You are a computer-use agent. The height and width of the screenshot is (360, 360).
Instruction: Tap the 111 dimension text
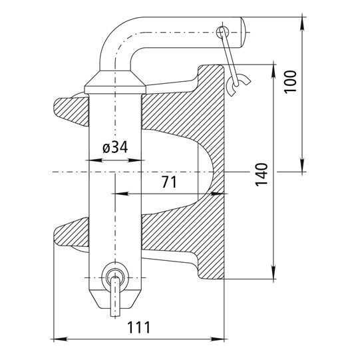point(138,327)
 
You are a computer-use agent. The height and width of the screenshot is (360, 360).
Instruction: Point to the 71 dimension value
point(170,182)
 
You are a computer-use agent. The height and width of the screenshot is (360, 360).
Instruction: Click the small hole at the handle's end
point(224,31)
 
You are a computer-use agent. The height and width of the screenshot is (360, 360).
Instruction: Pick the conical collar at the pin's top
point(114,83)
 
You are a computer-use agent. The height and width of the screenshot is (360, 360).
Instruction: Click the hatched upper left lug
point(70,107)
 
